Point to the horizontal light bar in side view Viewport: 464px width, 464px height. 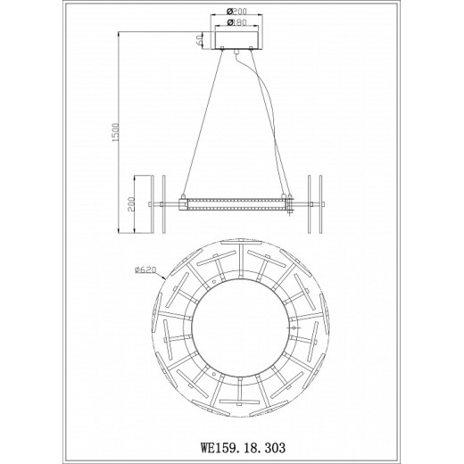[x=236, y=204]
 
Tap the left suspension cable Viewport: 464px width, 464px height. [x=201, y=125]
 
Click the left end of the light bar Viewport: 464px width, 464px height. [x=182, y=204]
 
